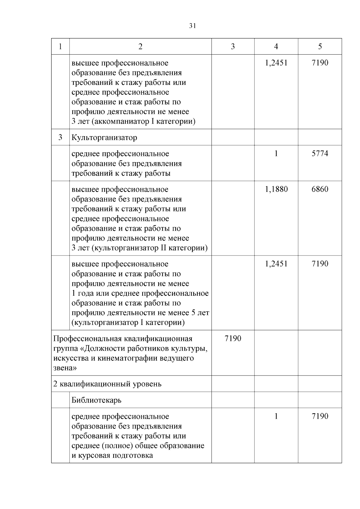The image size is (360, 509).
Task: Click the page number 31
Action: tap(193, 26)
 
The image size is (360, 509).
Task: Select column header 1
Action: tap(60, 46)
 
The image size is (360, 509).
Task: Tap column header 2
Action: tap(140, 46)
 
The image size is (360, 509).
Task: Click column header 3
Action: tap(233, 46)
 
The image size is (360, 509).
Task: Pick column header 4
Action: tap(276, 46)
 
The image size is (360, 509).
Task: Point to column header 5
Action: tap(320, 46)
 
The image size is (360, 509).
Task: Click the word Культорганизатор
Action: tap(104, 138)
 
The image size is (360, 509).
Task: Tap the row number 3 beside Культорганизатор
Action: tap(60, 137)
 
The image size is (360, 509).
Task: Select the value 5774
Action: tap(320, 154)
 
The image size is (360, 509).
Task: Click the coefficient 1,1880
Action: tap(276, 189)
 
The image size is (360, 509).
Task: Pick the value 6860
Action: tap(320, 189)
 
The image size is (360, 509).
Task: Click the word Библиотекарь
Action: tap(96, 400)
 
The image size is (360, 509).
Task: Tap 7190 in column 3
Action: tap(233, 339)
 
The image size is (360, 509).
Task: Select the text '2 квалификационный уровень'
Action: tap(107, 384)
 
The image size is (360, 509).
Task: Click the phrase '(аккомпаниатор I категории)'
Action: tap(142, 121)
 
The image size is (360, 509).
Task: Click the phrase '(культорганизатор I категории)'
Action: tap(128, 322)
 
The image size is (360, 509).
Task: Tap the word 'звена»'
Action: tap(65, 368)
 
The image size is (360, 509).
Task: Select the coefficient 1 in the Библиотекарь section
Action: tap(276, 416)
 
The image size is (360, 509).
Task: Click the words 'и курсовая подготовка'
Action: tap(112, 455)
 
